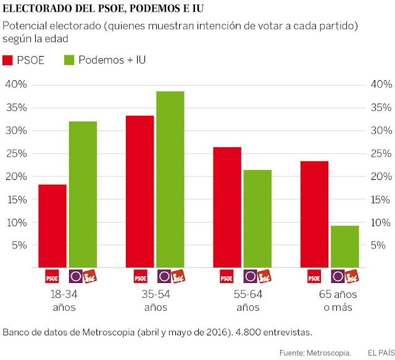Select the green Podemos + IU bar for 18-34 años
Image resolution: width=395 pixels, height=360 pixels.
pyautogui.click(x=82, y=194)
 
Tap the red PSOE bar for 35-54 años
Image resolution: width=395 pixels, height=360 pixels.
pyautogui.click(x=139, y=191)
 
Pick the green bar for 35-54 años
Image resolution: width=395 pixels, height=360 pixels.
pyautogui.click(x=170, y=179)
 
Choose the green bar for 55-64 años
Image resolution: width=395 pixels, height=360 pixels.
pyautogui.click(x=257, y=218)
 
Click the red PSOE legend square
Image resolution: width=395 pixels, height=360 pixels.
pyautogui.click(x=8, y=60)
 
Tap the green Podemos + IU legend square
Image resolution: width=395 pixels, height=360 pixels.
pyautogui.click(x=69, y=60)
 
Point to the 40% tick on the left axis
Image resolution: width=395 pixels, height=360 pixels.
pyautogui.click(x=14, y=84)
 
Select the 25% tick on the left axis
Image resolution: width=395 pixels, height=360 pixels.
pyautogui.click(x=14, y=153)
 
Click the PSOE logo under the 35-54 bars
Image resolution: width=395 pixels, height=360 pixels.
pyautogui.click(x=140, y=276)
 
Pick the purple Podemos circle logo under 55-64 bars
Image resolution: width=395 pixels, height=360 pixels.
pyautogui.click(x=250, y=276)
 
